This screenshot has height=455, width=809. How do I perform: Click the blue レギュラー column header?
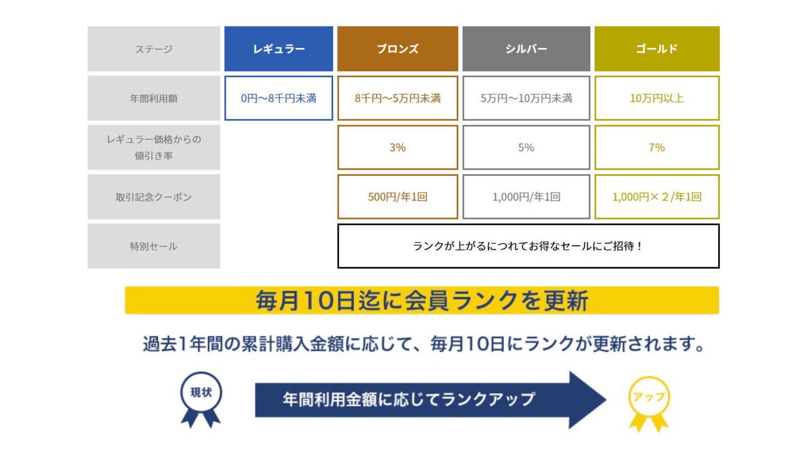click(x=279, y=49)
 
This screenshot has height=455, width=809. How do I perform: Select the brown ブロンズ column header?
click(x=397, y=49)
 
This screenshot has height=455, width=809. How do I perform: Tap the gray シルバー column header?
click(x=526, y=49)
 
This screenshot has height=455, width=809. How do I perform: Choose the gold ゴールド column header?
click(x=657, y=49)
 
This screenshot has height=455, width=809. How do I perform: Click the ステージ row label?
click(x=154, y=49)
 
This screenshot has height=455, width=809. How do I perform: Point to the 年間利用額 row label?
click(x=154, y=98)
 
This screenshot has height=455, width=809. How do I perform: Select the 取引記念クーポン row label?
click(x=154, y=197)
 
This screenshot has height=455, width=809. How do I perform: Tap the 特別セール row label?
click(x=154, y=246)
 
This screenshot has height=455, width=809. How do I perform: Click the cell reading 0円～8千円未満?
click(x=279, y=98)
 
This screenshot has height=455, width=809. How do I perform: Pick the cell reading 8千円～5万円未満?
click(x=397, y=98)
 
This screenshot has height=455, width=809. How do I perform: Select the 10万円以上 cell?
click(x=657, y=98)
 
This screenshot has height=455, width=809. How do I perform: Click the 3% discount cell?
click(x=397, y=147)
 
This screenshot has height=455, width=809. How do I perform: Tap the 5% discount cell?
click(x=526, y=147)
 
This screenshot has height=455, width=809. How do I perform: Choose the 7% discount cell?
click(x=657, y=147)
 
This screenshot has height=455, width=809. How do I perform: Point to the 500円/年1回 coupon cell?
click(x=397, y=197)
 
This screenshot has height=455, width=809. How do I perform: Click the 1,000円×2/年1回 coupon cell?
click(x=657, y=197)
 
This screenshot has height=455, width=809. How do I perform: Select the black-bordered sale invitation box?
click(x=528, y=246)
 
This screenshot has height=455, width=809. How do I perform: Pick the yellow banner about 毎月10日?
click(x=422, y=300)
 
